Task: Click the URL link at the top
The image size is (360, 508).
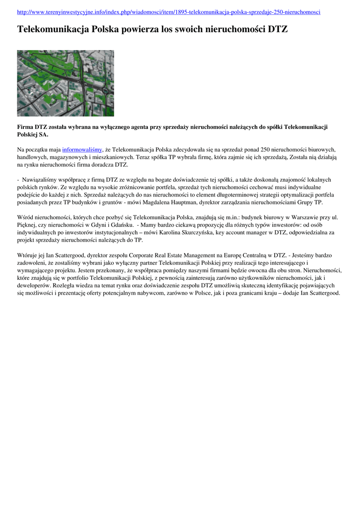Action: coord(168,11)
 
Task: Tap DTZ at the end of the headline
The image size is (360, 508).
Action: coord(278,30)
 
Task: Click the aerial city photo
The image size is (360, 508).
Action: coord(66,83)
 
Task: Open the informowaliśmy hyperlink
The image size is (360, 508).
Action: coord(82,149)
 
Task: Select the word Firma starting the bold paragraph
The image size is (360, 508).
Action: coord(26,127)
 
